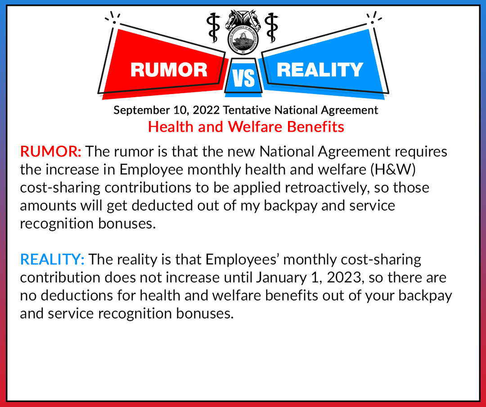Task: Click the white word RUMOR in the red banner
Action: (x=169, y=69)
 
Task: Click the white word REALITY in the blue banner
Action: (x=320, y=69)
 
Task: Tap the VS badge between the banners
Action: (x=243, y=77)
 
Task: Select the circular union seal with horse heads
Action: (x=243, y=32)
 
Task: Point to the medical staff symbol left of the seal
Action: (x=213, y=28)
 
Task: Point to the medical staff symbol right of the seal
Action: (x=271, y=28)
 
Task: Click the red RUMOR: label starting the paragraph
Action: (x=51, y=152)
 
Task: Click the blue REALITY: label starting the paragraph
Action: (x=52, y=259)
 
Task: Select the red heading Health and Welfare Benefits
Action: (x=246, y=127)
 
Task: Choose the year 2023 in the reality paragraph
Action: (x=344, y=277)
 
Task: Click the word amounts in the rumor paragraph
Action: (x=48, y=206)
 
